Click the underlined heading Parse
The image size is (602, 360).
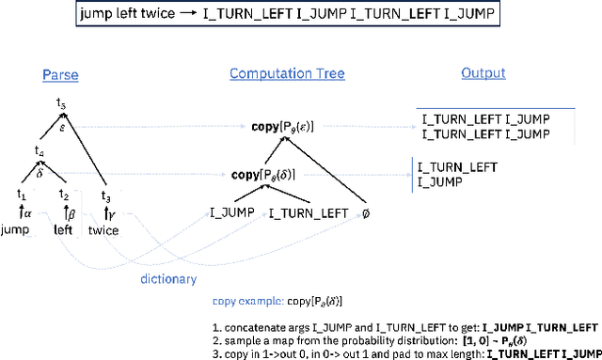point(61,73)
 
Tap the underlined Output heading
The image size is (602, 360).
point(483,73)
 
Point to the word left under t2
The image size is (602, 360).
point(63,229)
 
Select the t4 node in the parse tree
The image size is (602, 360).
point(40,150)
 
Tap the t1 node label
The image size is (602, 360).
point(21,194)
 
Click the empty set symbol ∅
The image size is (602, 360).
point(366,213)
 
